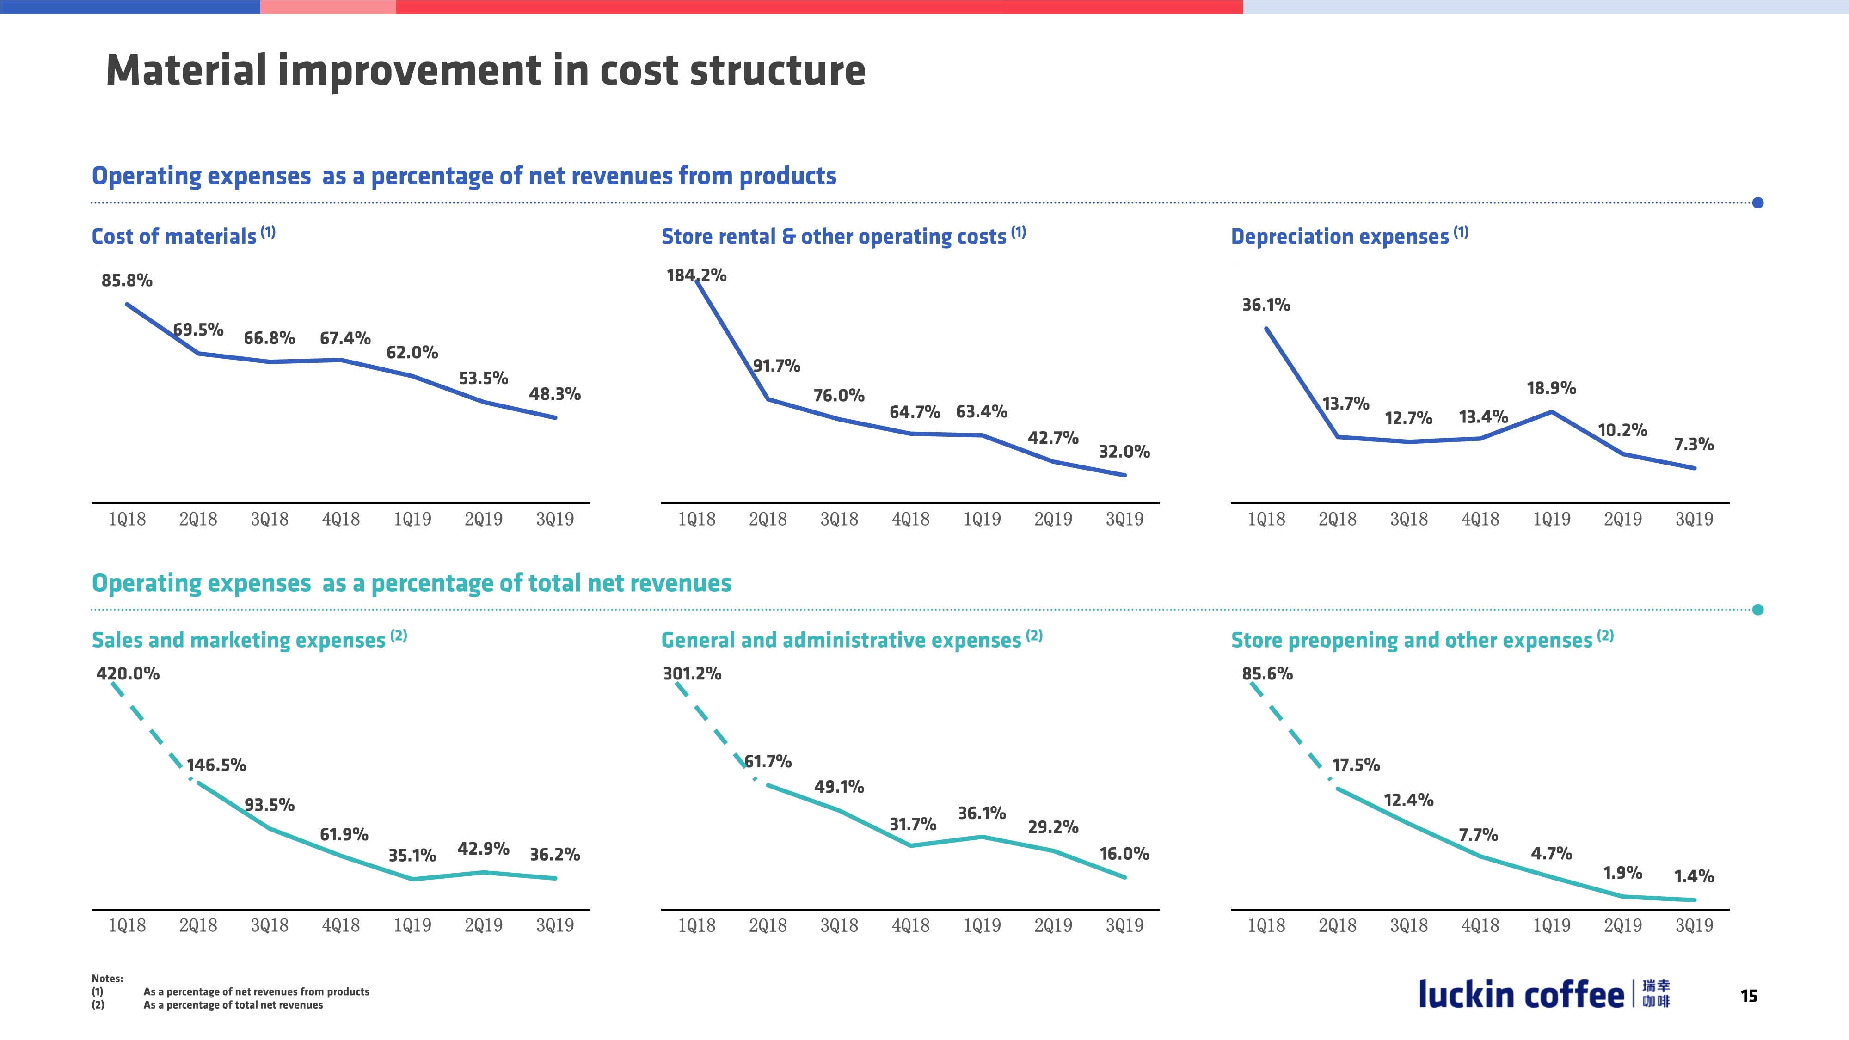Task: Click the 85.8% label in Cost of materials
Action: pyautogui.click(x=127, y=281)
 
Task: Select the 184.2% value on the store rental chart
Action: pyautogui.click(x=696, y=275)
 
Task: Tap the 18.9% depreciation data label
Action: pyautogui.click(x=1551, y=388)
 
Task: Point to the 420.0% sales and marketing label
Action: pyautogui.click(x=128, y=673)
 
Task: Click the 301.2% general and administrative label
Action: pyautogui.click(x=692, y=673)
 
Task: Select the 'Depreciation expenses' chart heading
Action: pyautogui.click(x=1339, y=236)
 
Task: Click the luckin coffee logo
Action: pyautogui.click(x=1543, y=995)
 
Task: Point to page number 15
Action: pyautogui.click(x=1749, y=996)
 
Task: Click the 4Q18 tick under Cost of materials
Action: pyautogui.click(x=341, y=519)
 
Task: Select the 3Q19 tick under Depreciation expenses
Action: pyautogui.click(x=1694, y=519)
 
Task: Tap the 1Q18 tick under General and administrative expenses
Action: pyautogui.click(x=696, y=925)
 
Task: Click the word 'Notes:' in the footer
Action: pyautogui.click(x=107, y=978)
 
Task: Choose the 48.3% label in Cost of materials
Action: pyautogui.click(x=555, y=394)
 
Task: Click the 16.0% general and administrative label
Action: pyautogui.click(x=1124, y=853)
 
